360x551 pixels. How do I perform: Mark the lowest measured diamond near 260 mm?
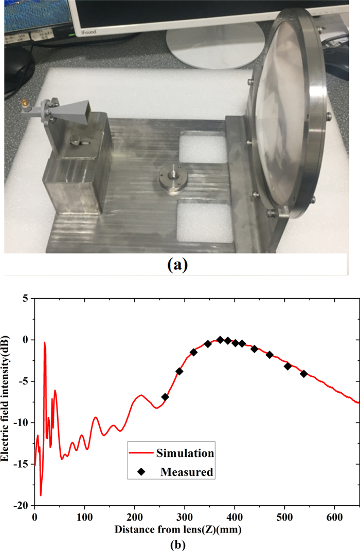point(165,397)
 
